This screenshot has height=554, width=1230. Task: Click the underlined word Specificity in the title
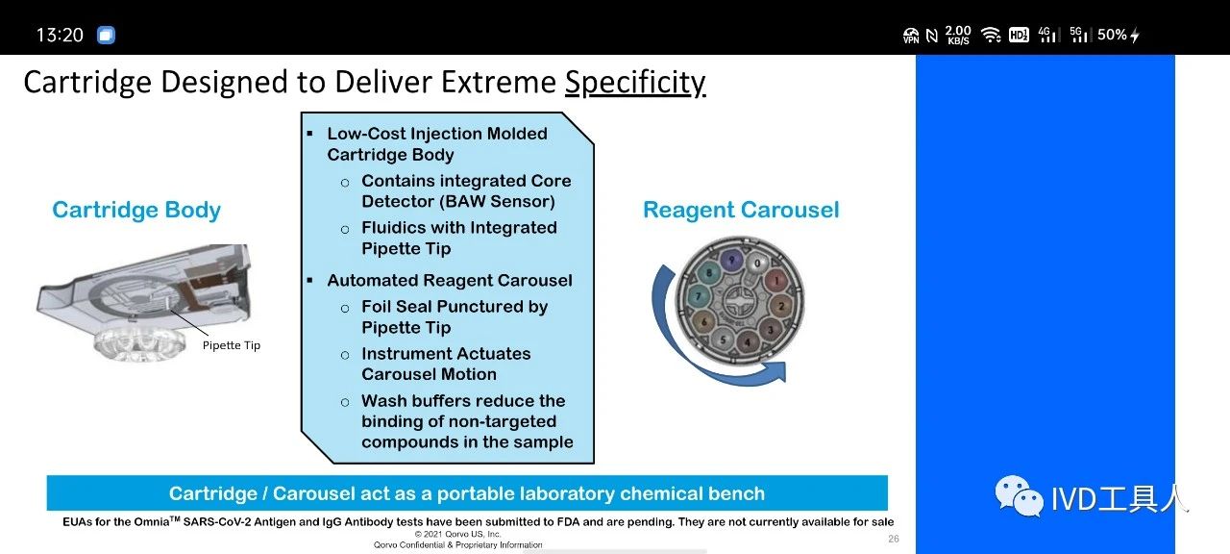pos(635,83)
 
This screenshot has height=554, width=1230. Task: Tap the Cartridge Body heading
pos(136,210)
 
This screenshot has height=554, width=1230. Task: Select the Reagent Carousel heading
pos(741,210)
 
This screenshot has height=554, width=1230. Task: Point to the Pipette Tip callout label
pos(232,345)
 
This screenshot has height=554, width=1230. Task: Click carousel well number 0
pos(757,264)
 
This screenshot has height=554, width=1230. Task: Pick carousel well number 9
pos(731,260)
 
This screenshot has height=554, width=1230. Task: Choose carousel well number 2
pos(781,306)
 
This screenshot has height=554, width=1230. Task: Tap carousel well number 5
pos(723,340)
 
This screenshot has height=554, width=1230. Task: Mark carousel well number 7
pos(699,296)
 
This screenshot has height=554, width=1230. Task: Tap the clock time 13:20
pos(60,36)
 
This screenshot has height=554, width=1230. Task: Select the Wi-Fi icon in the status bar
pos(991,35)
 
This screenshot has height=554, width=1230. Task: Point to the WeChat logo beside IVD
pos(1019,495)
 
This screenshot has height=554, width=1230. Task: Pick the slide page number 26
pos(894,539)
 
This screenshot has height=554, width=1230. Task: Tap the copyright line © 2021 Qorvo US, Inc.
pos(458,534)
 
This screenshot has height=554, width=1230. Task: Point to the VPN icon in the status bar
pos(911,36)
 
